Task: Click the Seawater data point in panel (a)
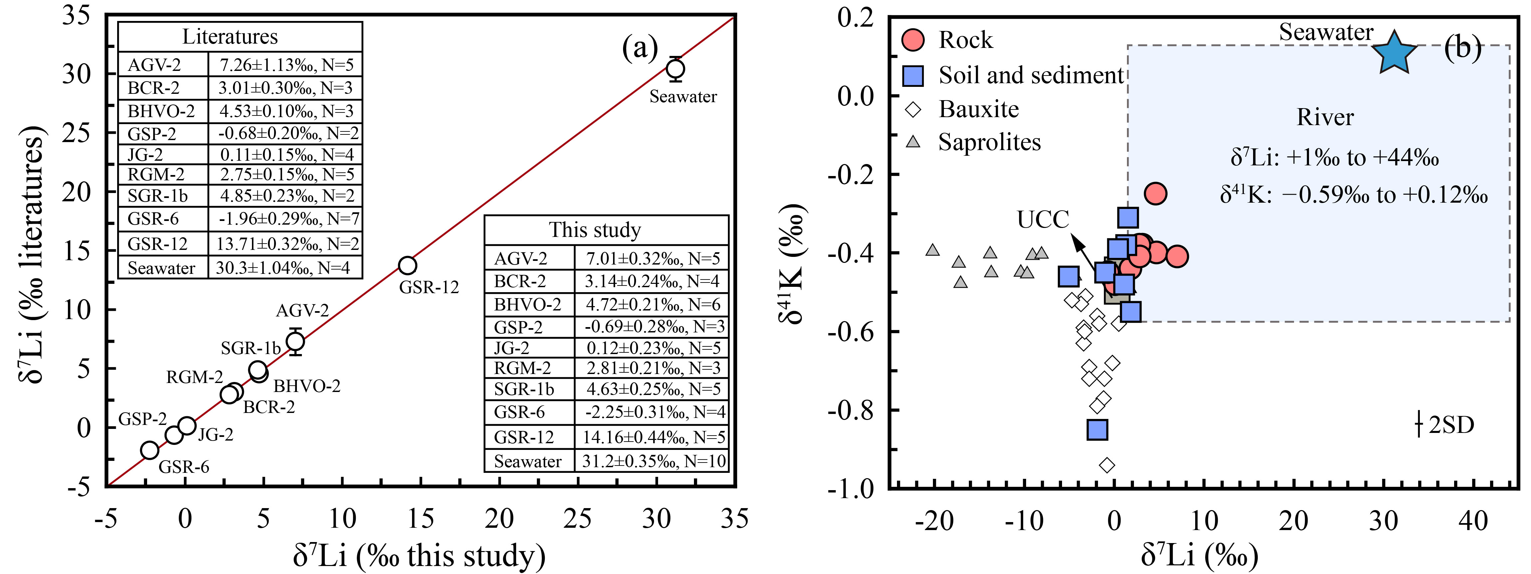pyautogui.click(x=675, y=69)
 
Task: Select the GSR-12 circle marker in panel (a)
pyautogui.click(x=407, y=265)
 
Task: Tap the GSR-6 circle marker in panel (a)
pyautogui.click(x=150, y=450)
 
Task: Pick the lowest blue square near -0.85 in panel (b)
pyautogui.click(x=1097, y=429)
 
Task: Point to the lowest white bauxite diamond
pyautogui.click(x=1107, y=465)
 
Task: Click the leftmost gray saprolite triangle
pyautogui.click(x=933, y=250)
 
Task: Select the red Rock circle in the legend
pyautogui.click(x=913, y=40)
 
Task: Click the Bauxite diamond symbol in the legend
pyautogui.click(x=913, y=109)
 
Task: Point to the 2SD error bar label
pyautogui.click(x=1451, y=425)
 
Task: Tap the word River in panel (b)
pyautogui.click(x=1325, y=117)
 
